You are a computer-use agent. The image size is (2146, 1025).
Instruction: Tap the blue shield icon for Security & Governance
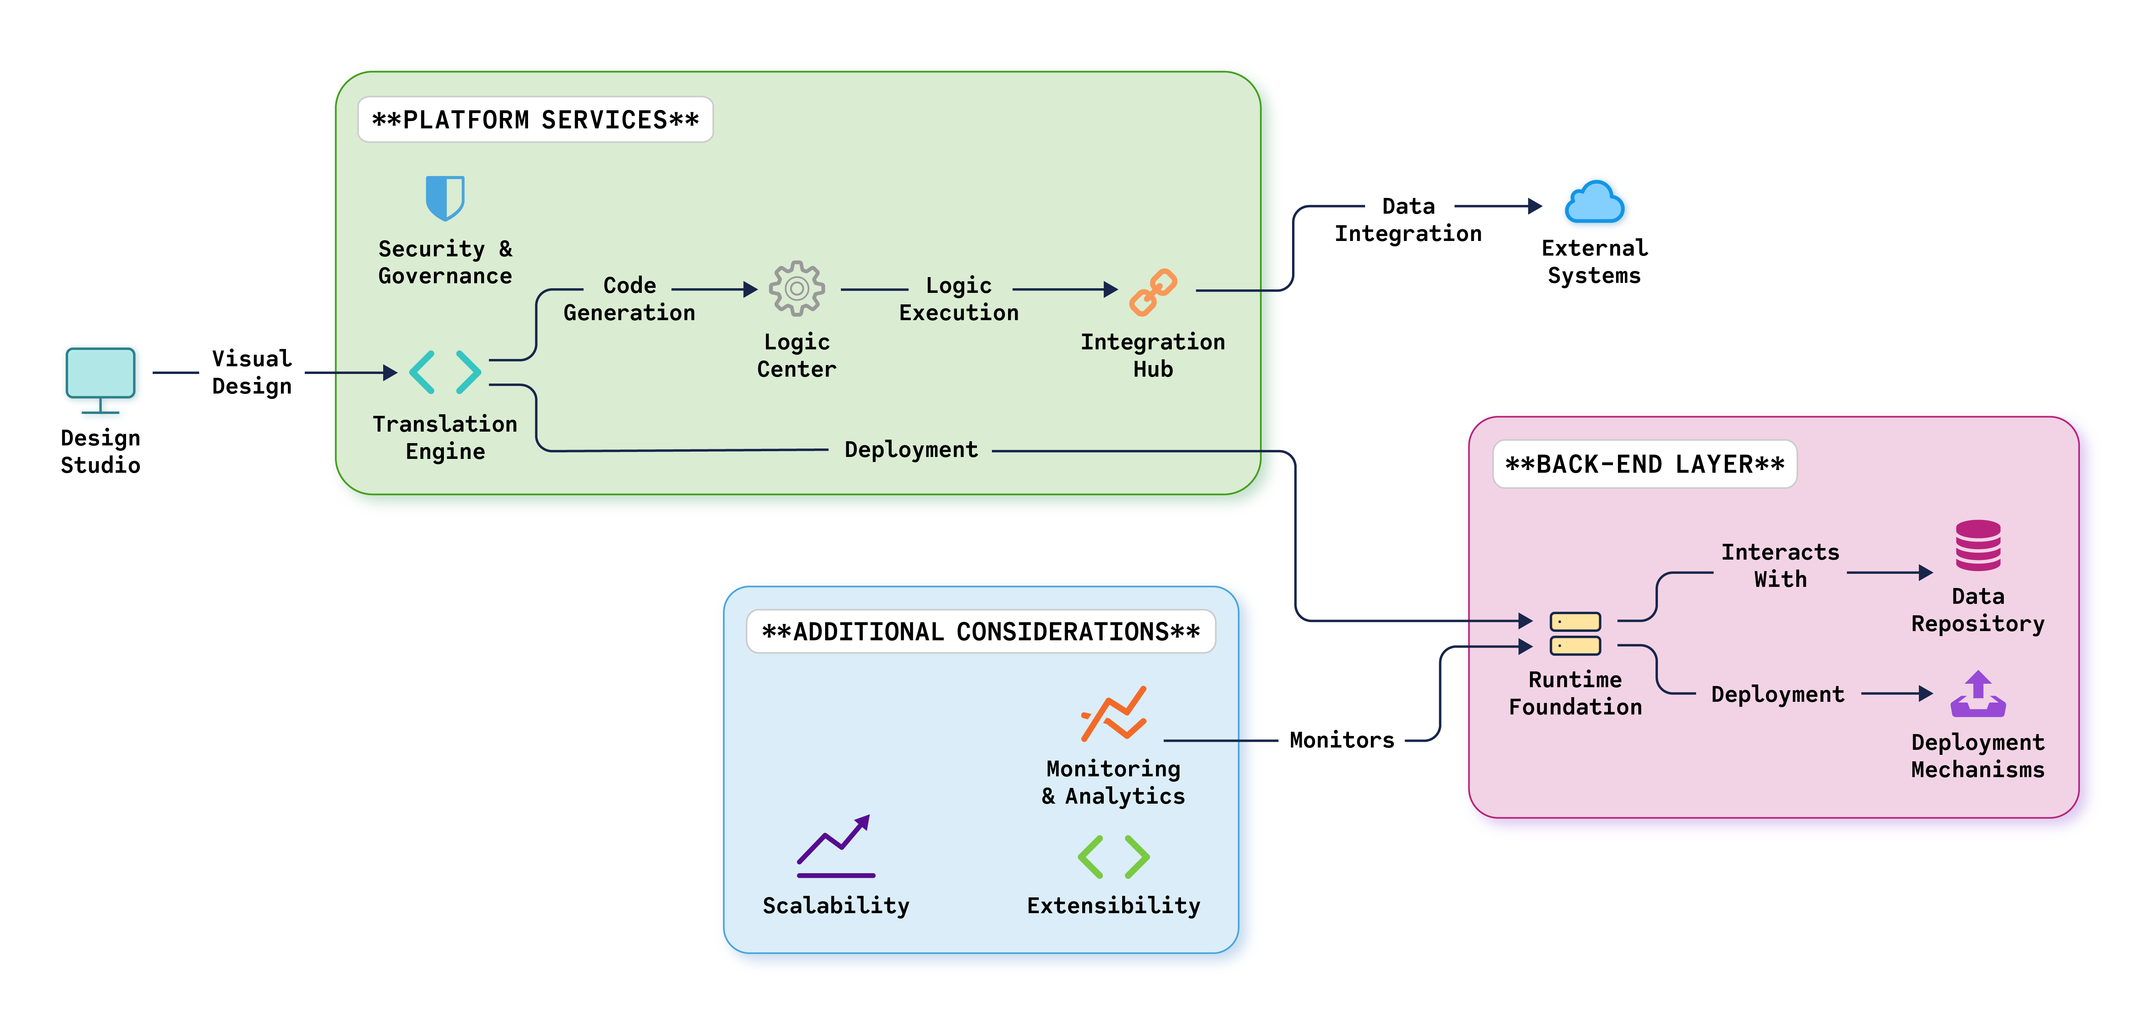[x=445, y=198]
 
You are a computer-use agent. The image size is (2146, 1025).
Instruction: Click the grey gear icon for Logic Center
[x=796, y=288]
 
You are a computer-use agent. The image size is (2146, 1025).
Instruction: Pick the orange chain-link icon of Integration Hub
[x=1153, y=292]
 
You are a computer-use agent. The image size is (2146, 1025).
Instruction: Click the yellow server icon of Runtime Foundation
[x=1575, y=633]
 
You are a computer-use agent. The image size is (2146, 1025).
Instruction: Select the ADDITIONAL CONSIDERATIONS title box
[x=980, y=632]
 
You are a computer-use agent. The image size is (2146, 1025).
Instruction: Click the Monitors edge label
[x=1341, y=740]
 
